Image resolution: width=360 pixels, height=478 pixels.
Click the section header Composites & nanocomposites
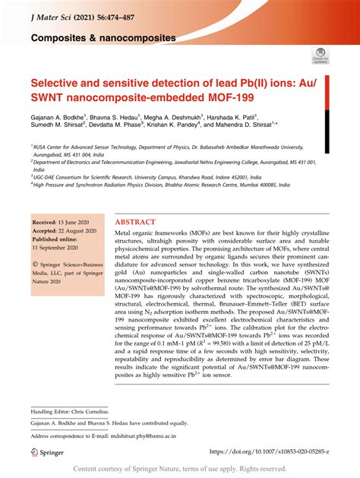[x=103, y=36]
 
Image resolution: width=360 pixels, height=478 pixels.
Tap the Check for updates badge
[x=320, y=55]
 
